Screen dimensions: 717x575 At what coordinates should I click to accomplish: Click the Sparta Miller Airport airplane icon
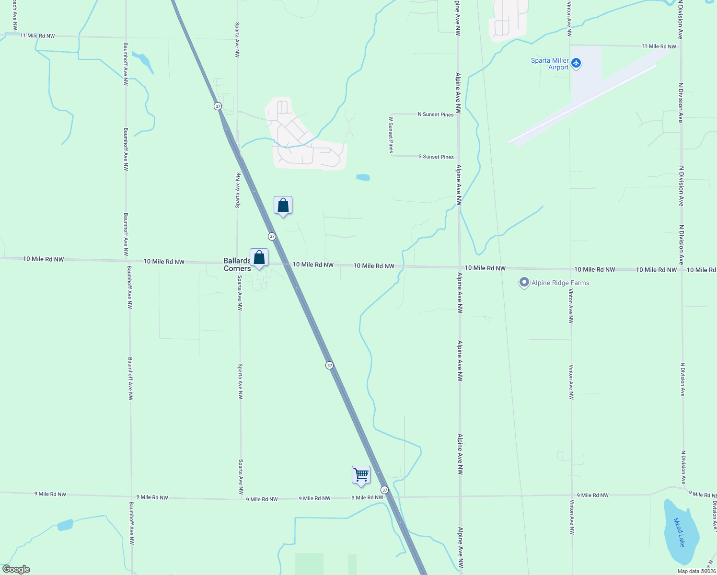(x=576, y=63)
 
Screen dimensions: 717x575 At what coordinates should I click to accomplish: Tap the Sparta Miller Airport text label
(x=550, y=64)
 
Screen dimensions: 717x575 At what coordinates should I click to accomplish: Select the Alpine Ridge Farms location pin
(x=524, y=283)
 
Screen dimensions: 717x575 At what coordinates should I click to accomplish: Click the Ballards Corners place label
(x=237, y=264)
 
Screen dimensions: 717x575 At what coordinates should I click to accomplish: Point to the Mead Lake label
(x=679, y=532)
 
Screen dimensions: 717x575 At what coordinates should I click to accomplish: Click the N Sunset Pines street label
(x=436, y=115)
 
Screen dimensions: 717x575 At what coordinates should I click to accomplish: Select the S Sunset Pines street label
(x=436, y=157)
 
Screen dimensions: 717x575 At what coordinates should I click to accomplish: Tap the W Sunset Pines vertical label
(x=391, y=135)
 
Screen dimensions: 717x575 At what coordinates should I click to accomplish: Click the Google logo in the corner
(x=16, y=569)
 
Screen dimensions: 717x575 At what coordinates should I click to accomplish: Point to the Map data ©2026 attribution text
(x=696, y=571)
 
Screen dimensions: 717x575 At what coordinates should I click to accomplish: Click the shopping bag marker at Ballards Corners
(x=259, y=258)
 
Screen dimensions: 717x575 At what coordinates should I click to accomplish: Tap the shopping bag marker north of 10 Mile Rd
(x=283, y=206)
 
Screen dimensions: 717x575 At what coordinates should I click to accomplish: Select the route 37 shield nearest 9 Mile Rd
(x=384, y=490)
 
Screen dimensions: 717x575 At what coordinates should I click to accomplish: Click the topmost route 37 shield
(x=218, y=106)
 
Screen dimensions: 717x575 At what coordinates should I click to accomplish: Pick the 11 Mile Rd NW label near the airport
(x=659, y=46)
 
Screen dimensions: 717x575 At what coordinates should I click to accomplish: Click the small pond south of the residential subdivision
(x=363, y=177)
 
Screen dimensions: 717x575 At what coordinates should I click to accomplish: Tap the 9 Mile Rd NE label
(x=703, y=494)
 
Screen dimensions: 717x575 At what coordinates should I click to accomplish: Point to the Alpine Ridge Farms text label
(x=560, y=283)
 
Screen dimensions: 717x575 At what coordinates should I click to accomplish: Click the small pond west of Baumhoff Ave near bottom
(x=65, y=525)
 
